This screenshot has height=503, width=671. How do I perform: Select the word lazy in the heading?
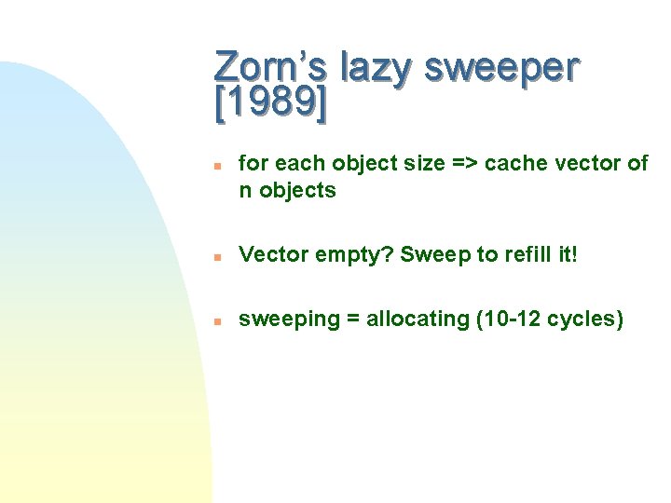pyautogui.click(x=377, y=69)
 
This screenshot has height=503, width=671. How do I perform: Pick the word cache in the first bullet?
pyautogui.click(x=514, y=163)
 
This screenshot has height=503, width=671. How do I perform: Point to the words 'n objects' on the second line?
pyautogui.click(x=287, y=190)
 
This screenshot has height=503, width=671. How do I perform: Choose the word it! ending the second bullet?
pyautogui.click(x=568, y=253)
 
